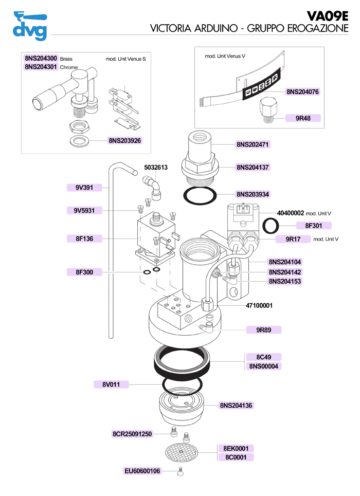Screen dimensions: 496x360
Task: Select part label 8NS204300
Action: [x=41, y=59]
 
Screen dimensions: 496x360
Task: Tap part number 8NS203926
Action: [x=124, y=140]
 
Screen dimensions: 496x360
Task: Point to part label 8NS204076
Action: [x=302, y=92]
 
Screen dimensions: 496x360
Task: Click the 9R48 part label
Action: [x=302, y=118]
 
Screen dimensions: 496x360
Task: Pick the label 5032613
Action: [x=156, y=168]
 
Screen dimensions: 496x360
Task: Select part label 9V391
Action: [x=84, y=188]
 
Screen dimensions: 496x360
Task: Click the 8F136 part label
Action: [x=84, y=238]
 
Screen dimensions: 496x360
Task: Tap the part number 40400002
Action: [x=291, y=212]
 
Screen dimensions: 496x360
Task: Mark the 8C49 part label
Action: [x=263, y=357]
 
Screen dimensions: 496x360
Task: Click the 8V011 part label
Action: [x=111, y=384]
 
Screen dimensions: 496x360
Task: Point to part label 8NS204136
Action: [x=237, y=406]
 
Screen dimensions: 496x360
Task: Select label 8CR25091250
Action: [x=132, y=434]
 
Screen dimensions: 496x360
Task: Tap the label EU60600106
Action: [x=142, y=471]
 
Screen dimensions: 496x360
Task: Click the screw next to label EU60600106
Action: [x=181, y=471]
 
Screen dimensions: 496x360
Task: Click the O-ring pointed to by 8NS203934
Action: [x=201, y=195]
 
